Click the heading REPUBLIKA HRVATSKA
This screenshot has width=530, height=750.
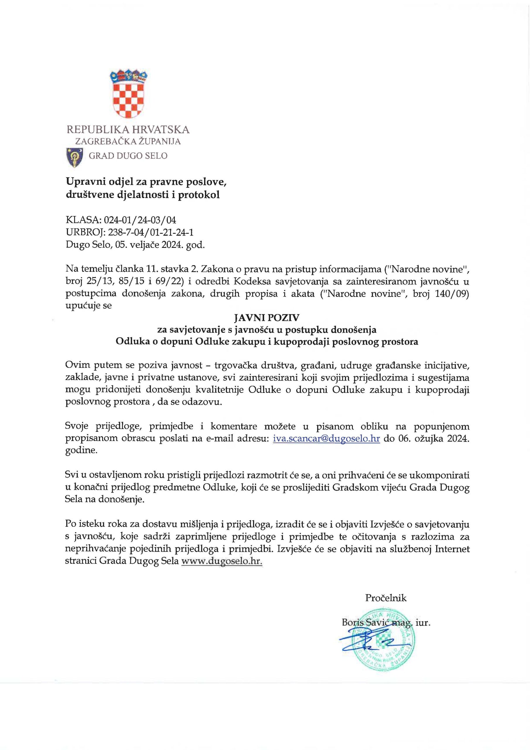coord(128,130)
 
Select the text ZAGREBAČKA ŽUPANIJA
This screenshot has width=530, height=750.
coord(128,142)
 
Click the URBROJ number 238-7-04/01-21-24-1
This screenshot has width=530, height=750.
coord(148,232)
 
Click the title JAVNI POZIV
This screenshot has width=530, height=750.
coord(266,318)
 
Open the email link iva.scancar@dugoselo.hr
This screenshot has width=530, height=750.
coord(326,438)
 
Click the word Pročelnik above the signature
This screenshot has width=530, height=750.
coord(386,598)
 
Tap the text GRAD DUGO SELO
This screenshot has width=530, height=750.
coord(128,156)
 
